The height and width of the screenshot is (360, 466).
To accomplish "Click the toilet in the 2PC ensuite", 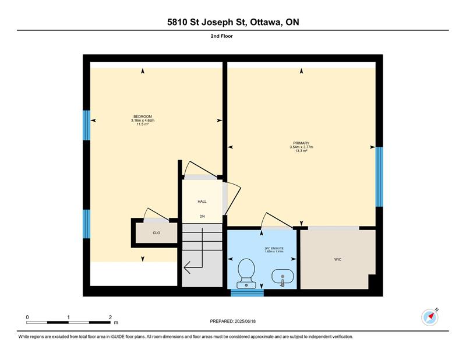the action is click(246, 273).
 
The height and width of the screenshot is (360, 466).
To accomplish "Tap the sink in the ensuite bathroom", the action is click(283, 277).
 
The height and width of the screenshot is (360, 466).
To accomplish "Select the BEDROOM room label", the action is click(143, 117).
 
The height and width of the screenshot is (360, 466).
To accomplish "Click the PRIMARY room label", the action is click(301, 143).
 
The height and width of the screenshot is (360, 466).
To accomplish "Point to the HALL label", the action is click(202, 202).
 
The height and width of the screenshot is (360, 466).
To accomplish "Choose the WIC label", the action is click(338, 260).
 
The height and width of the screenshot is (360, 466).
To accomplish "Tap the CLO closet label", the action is click(156, 233).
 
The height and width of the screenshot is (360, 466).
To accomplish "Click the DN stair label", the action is click(202, 217).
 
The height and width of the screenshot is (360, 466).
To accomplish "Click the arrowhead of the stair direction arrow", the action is click(187, 268).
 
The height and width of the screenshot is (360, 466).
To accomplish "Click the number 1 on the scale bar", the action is click(68, 317).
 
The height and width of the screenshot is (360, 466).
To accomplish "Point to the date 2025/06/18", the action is click(245, 322).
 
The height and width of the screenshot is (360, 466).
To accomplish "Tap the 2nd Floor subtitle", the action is click(222, 36).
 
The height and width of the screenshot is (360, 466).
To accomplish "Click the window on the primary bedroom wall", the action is click(379, 177).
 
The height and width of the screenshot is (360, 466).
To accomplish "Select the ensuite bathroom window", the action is click(247, 293).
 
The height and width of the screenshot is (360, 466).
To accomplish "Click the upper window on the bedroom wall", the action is click(86, 125).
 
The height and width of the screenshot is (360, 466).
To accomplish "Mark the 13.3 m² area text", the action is click(301, 151).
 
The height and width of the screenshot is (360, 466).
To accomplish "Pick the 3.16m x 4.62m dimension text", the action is click(143, 121).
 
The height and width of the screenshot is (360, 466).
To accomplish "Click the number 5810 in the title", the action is click(177, 22).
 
